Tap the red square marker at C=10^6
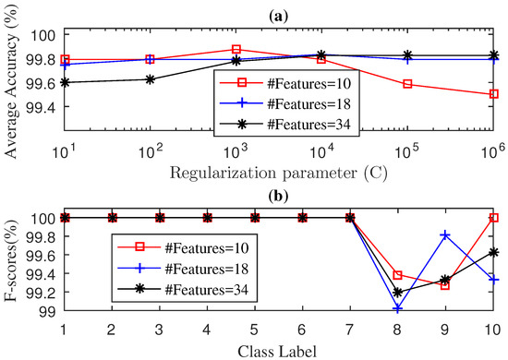click(494, 93)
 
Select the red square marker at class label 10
click(494, 218)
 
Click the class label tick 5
click(255, 330)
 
